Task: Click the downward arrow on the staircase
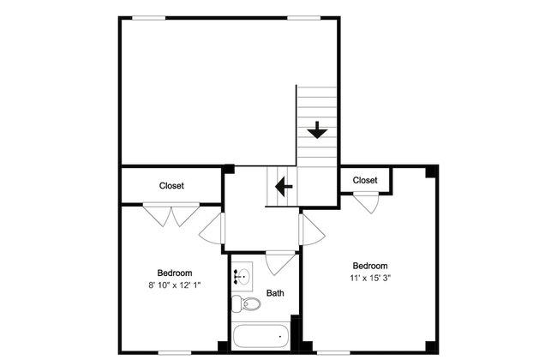pyautogui.click(x=317, y=130)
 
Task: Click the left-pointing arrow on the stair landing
pyautogui.click(x=284, y=186)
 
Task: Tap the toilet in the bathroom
pyautogui.click(x=246, y=303)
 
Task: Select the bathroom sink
pyautogui.click(x=243, y=276)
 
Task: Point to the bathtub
pyautogui.click(x=261, y=336)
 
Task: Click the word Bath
pyautogui.click(x=275, y=293)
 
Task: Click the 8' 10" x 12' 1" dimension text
pyautogui.click(x=175, y=285)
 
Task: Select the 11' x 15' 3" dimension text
pyautogui.click(x=370, y=278)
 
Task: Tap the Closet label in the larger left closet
pyautogui.click(x=171, y=185)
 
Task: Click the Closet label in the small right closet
pyautogui.click(x=365, y=180)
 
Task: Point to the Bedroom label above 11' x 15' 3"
pyautogui.click(x=370, y=266)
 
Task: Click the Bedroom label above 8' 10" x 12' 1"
pyautogui.click(x=175, y=273)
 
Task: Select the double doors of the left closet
pyautogui.click(x=171, y=214)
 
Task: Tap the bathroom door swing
pyautogui.click(x=280, y=263)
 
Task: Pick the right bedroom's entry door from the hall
pyautogui.click(x=311, y=230)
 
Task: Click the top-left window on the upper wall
pyautogui.click(x=148, y=18)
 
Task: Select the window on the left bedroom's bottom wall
pyautogui.click(x=174, y=352)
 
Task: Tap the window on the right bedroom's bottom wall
pyautogui.click(x=333, y=352)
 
